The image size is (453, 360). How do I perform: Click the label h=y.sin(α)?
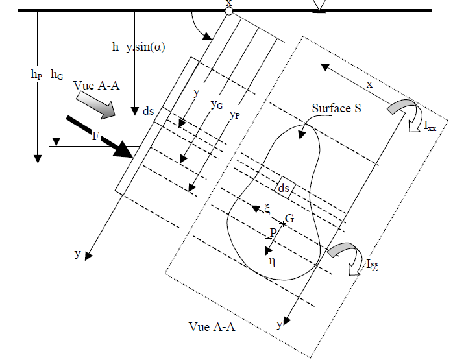138,47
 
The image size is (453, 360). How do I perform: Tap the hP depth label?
36,75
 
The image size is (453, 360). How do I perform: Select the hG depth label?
57,75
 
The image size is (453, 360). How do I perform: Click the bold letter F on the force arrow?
95,136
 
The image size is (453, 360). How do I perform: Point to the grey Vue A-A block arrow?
95,105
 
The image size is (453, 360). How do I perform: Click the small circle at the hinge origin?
228,11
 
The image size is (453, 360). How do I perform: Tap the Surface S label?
337,108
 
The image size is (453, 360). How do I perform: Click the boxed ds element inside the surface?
285,187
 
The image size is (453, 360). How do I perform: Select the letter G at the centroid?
289,219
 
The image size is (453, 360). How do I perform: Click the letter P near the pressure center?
273,232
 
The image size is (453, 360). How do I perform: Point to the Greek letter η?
272,261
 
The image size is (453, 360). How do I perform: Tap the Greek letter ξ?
267,210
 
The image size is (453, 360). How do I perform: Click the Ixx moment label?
430,126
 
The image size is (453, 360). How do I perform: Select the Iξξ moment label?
373,265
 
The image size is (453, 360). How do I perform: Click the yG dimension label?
217,104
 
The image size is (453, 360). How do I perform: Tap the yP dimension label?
234,115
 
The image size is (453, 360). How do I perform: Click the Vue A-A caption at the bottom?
212,327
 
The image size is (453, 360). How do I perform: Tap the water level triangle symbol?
319,5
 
